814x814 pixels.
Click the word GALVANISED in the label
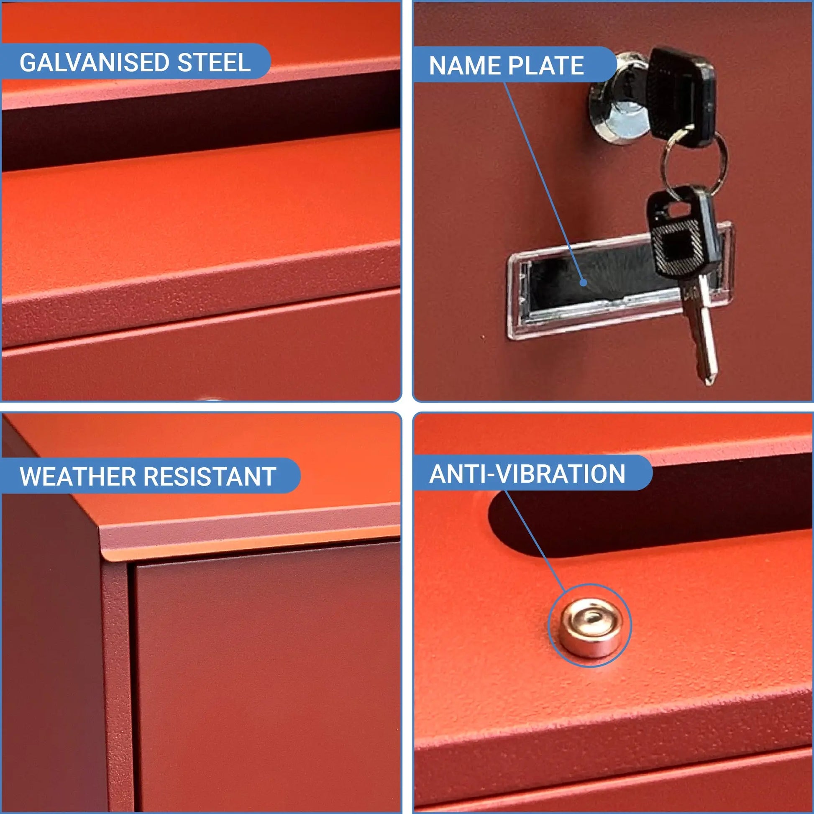tap(95, 62)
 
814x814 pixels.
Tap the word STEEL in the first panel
tap(214, 62)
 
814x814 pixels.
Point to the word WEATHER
tap(78, 476)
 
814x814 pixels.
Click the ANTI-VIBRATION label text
tap(527, 474)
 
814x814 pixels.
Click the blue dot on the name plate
tap(583, 282)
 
